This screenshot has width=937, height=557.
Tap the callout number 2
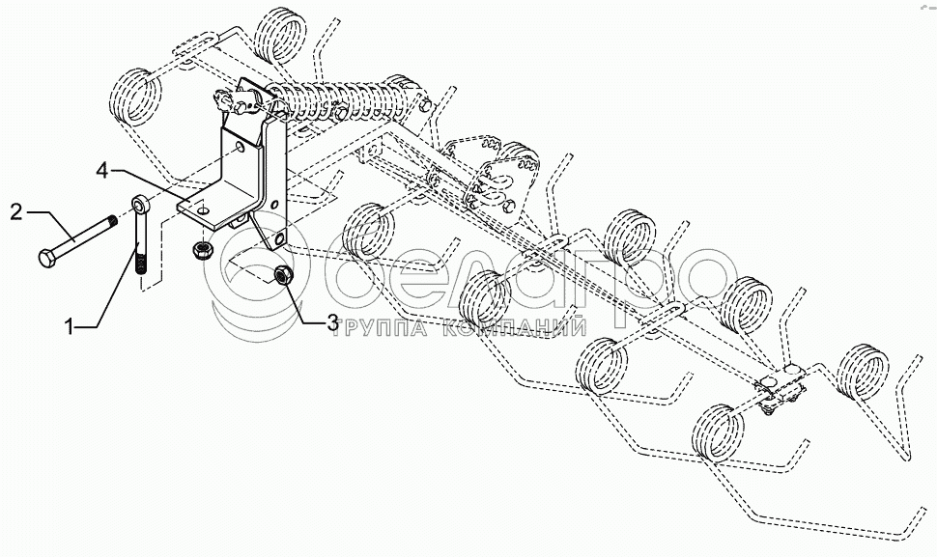pyautogui.click(x=16, y=209)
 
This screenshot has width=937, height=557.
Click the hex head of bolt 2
pyautogui.click(x=47, y=258)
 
